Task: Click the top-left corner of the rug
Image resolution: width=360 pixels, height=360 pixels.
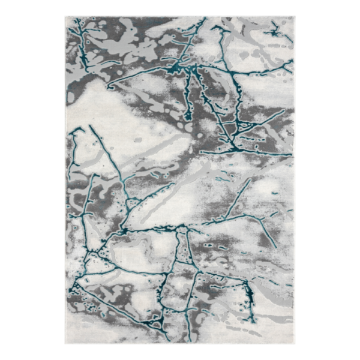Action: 66,17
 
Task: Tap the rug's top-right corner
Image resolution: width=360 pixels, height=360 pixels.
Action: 295,17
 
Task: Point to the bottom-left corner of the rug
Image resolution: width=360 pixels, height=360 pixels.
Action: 66,344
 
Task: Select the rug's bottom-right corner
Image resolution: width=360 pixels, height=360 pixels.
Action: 295,344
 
